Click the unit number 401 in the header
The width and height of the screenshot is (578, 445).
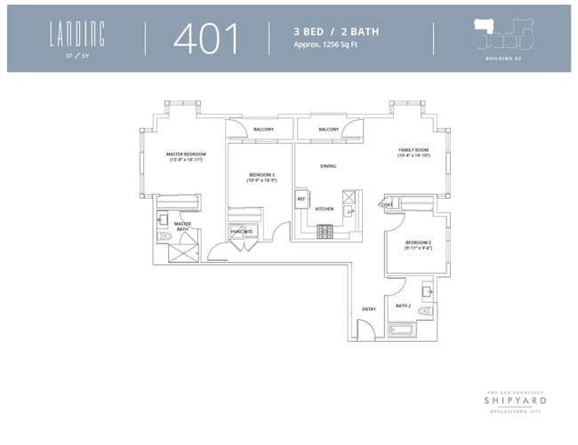(x=207, y=38)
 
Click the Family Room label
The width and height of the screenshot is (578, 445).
(x=413, y=151)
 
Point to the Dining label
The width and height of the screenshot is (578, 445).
(x=328, y=165)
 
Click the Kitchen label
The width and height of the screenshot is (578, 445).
(x=324, y=209)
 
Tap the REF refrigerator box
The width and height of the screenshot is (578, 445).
(x=301, y=199)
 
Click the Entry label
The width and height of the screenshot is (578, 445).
(x=368, y=309)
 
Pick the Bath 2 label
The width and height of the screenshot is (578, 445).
(x=403, y=306)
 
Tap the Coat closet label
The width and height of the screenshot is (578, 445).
(x=388, y=205)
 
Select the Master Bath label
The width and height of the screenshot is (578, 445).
(x=182, y=226)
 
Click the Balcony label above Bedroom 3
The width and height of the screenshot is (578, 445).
(x=263, y=130)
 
